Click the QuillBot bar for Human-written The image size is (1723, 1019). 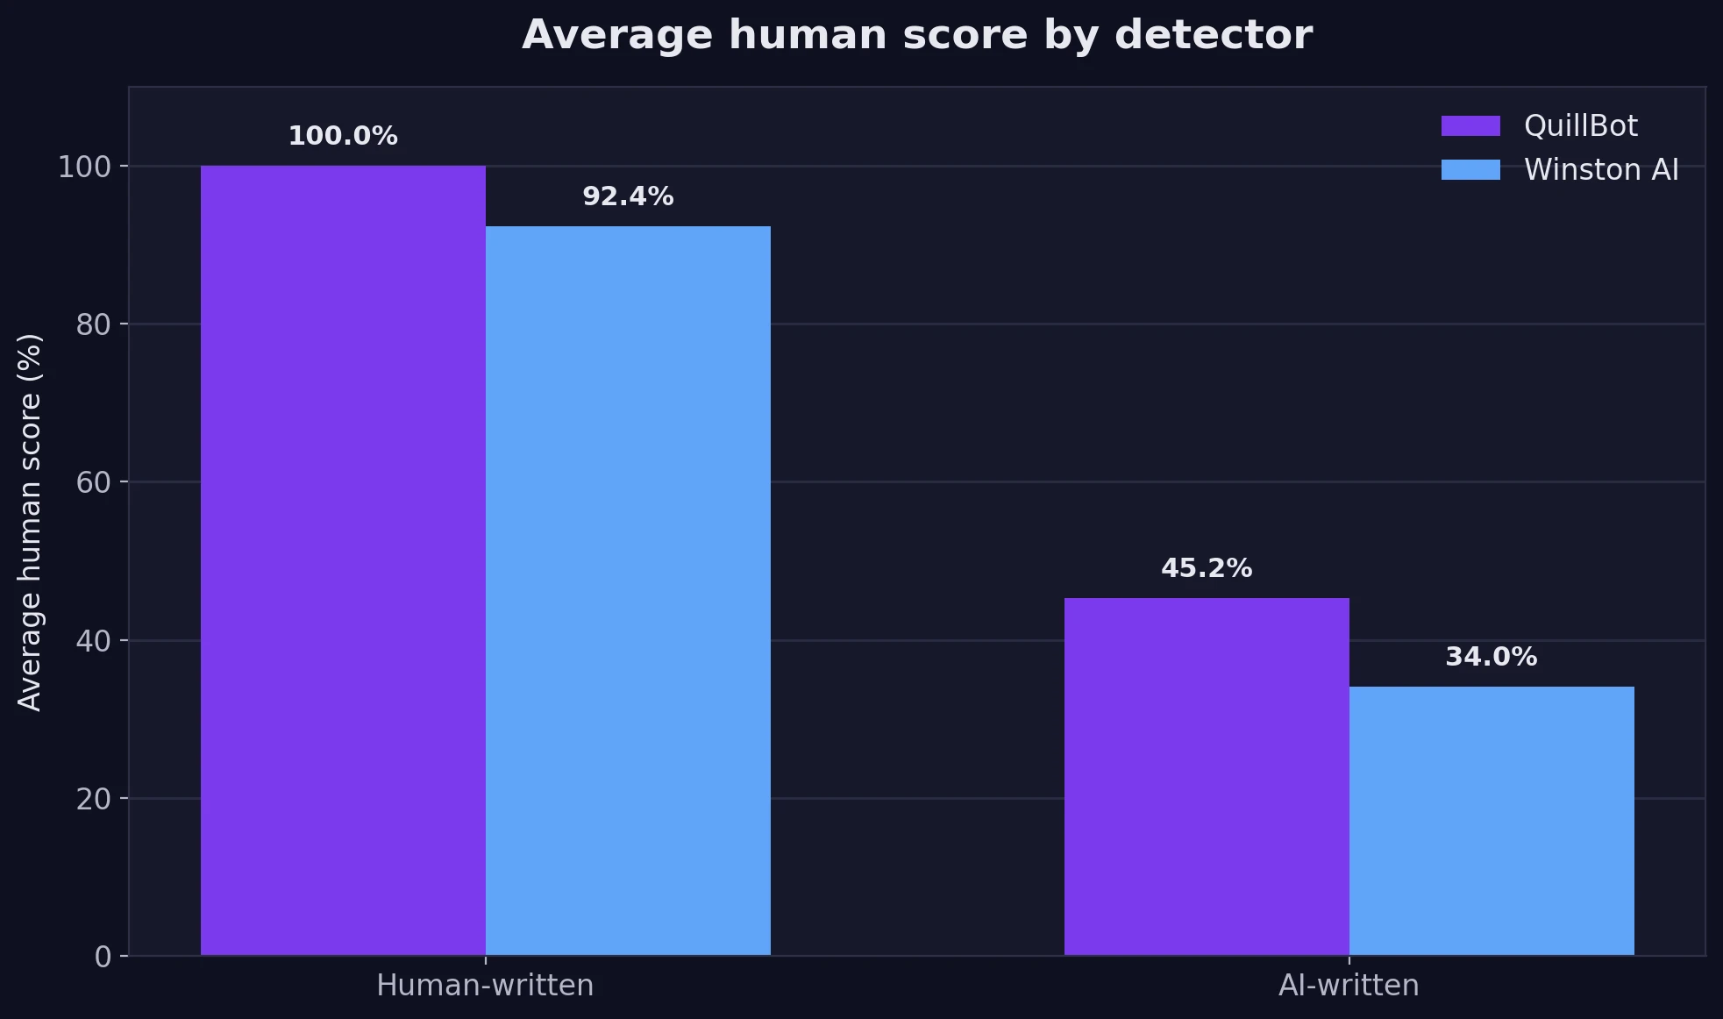click(343, 560)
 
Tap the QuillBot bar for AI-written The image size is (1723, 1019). click(1207, 776)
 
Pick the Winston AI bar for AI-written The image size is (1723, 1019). click(1492, 821)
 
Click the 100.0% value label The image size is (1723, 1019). click(343, 136)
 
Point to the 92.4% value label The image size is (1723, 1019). click(628, 196)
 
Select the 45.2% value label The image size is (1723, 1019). click(1207, 568)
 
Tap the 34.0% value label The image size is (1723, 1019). click(1492, 657)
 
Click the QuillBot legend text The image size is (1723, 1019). click(1580, 126)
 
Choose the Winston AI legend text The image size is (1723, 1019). click(1601, 169)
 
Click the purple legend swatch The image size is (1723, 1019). click(1470, 126)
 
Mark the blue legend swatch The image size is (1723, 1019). click(1470, 169)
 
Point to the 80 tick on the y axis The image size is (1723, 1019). click(94, 325)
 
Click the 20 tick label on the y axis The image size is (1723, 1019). click(94, 799)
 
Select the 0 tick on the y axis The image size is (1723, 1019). click(103, 957)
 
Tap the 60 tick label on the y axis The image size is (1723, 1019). click(94, 482)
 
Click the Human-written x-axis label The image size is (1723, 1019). click(485, 986)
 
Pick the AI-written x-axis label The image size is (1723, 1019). click(1349, 986)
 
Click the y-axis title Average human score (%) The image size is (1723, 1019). click(30, 522)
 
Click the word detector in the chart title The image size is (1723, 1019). click(1214, 35)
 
